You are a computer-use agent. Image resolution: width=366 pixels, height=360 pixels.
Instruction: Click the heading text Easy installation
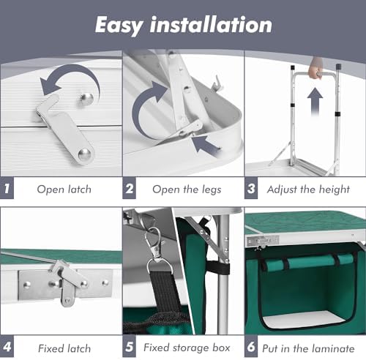click(x=183, y=24)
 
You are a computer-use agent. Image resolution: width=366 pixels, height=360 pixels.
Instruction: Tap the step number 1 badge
click(x=7, y=189)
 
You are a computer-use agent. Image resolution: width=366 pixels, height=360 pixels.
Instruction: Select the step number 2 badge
click(x=130, y=189)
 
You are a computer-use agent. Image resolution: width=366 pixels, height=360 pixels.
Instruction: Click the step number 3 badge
click(x=251, y=189)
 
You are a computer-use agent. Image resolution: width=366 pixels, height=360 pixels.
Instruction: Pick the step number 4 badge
click(x=7, y=347)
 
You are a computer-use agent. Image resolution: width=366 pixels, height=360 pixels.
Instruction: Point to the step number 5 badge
click(x=130, y=347)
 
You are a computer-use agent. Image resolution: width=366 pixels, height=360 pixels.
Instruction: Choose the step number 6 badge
click(x=251, y=347)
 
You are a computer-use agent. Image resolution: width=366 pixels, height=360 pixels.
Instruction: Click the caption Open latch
click(x=64, y=189)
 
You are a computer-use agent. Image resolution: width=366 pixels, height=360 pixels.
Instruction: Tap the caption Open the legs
click(x=186, y=189)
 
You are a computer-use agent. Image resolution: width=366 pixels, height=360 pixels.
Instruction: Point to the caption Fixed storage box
click(x=186, y=347)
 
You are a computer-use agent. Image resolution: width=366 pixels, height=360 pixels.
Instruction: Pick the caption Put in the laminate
click(x=310, y=347)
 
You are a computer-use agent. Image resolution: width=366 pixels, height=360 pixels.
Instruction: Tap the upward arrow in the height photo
click(x=315, y=102)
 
